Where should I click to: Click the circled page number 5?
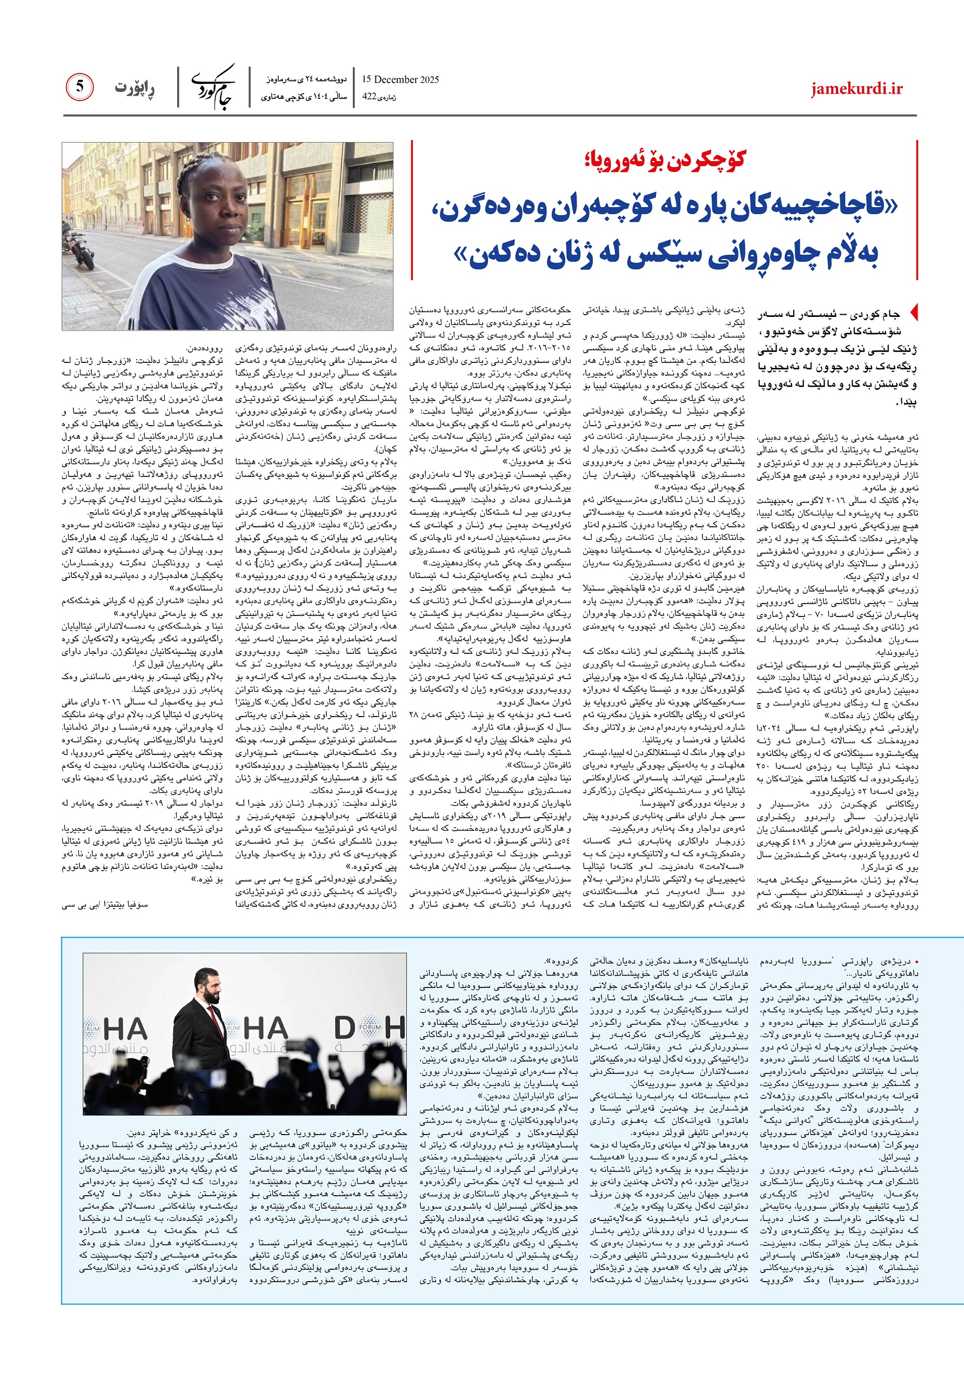pyautogui.click(x=80, y=87)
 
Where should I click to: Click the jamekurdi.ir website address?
pyautogui.click(x=856, y=89)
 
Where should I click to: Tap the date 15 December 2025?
pyautogui.click(x=400, y=79)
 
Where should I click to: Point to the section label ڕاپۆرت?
pyautogui.click(x=135, y=88)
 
